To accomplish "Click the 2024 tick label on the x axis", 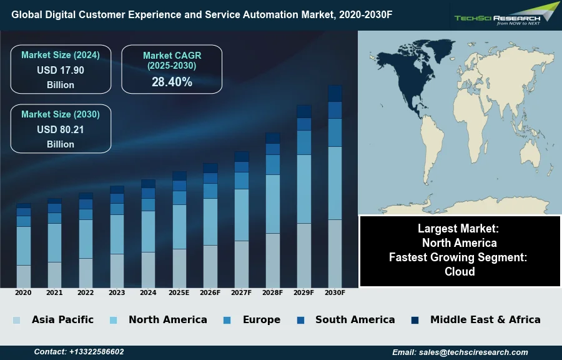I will point(148,292).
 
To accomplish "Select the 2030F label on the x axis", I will point(335,292).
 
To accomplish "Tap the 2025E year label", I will point(179,292).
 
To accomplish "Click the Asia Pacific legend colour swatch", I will point(16,320).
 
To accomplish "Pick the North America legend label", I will point(167,319).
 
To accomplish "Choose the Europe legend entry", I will point(261,319).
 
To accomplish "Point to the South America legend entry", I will point(355,319).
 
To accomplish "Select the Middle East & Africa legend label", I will point(485,319).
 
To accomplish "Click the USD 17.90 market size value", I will point(61,71).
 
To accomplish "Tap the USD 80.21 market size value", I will point(61,130).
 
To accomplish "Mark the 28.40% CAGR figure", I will point(172,82).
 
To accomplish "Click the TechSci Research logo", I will point(506,14).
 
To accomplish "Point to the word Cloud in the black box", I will point(460,271).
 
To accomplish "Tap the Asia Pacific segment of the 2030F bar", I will point(335,253).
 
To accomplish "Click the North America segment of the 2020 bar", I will point(24,246).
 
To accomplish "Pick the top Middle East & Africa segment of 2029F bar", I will point(304,111).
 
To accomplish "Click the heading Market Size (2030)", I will point(61,114).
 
